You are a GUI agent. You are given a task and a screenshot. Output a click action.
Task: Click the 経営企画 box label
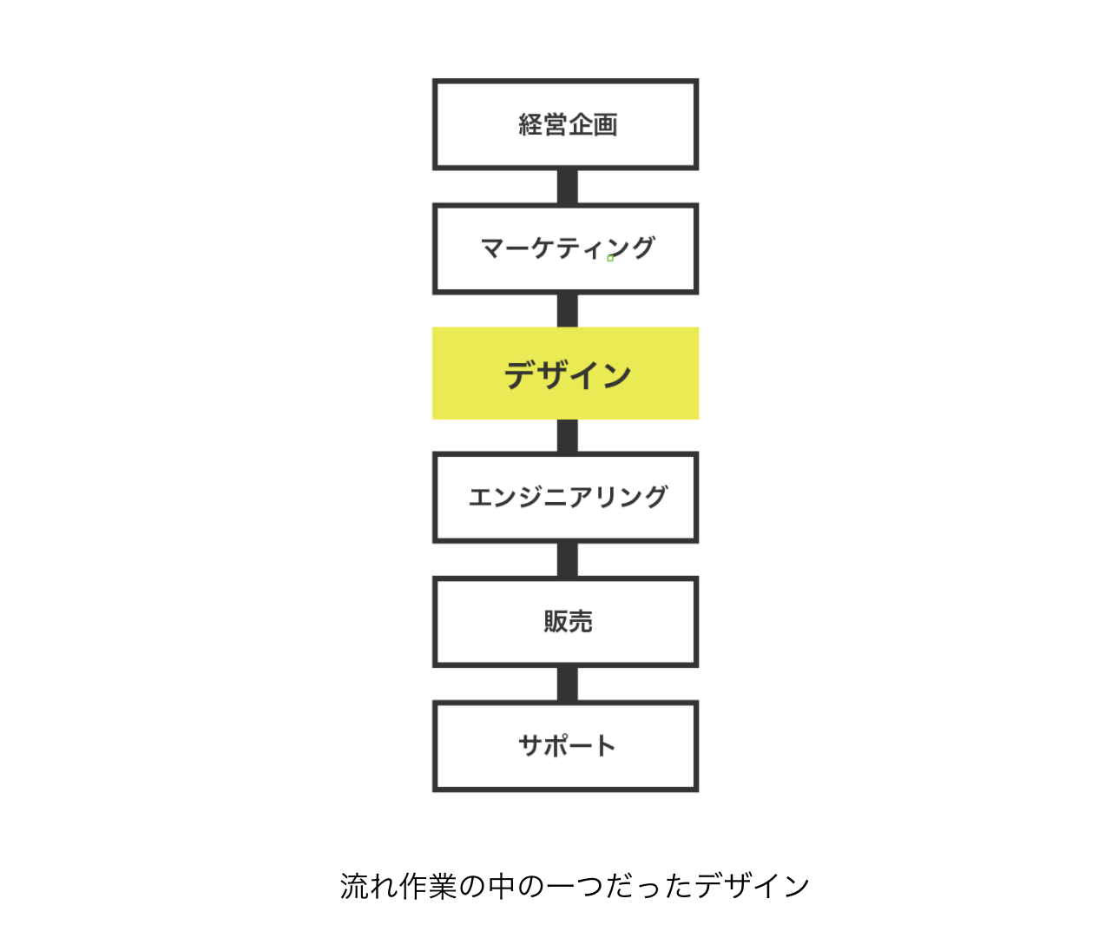(x=568, y=125)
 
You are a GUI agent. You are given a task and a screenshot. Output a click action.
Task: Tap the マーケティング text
(x=568, y=248)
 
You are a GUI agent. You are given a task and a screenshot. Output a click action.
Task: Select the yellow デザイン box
(x=565, y=373)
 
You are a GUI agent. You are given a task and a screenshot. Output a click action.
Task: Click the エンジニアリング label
(x=568, y=497)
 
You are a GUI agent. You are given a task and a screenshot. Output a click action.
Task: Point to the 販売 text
(x=568, y=621)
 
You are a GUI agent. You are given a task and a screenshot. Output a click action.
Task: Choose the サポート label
(x=567, y=745)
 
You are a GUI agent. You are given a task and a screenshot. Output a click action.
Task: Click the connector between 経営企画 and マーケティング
(x=568, y=187)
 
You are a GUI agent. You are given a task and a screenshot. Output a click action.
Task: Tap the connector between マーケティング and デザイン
(x=568, y=311)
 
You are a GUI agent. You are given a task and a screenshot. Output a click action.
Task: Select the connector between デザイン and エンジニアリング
(x=568, y=435)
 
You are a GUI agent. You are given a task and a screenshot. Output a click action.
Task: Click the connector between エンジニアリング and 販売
(x=568, y=560)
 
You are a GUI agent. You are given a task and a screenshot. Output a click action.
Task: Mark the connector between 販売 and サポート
(x=568, y=684)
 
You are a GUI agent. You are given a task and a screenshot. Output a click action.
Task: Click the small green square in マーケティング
(x=610, y=258)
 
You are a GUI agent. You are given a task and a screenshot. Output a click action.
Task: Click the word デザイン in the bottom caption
(x=752, y=886)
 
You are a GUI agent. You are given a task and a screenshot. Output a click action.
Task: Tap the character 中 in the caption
(x=502, y=886)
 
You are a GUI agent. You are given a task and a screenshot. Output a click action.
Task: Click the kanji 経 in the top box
(x=530, y=125)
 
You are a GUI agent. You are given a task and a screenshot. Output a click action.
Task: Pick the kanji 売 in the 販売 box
(x=581, y=621)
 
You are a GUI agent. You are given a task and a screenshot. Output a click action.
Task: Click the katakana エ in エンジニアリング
(x=481, y=497)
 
